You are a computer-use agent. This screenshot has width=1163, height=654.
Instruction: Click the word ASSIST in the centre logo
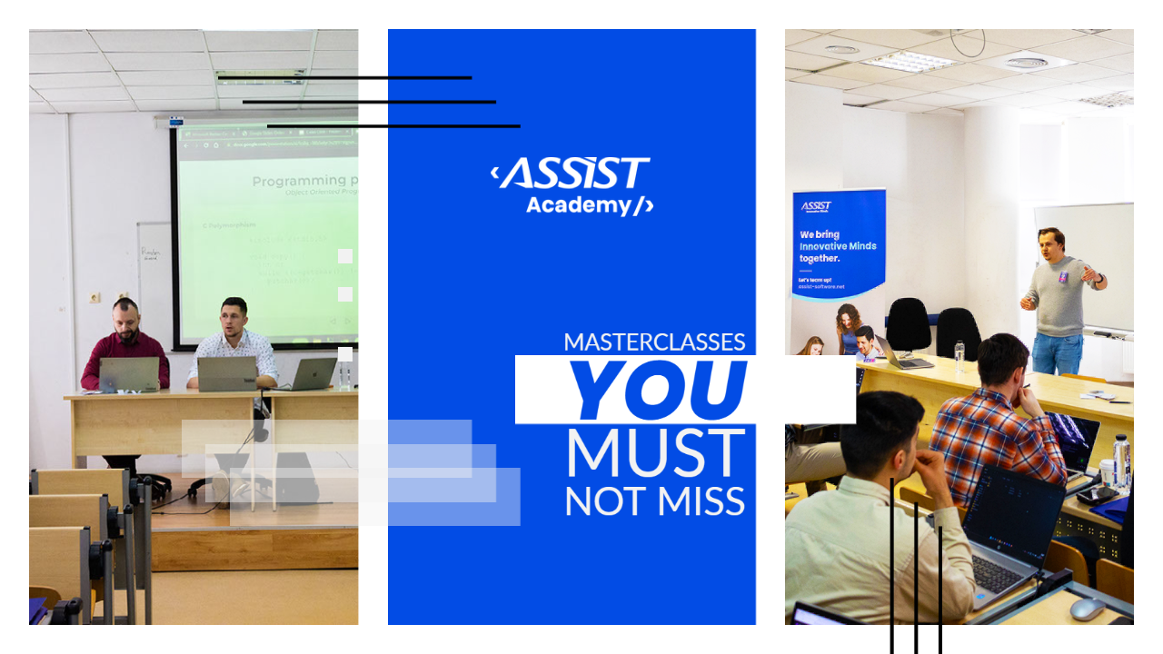575,173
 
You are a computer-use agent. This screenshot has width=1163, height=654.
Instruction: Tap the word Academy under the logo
578,205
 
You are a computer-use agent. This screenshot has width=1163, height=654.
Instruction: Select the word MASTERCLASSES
654,342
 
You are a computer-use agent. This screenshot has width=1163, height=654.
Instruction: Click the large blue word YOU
658,391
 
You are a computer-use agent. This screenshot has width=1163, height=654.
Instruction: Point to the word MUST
655,453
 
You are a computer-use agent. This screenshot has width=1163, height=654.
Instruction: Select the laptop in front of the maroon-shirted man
129,374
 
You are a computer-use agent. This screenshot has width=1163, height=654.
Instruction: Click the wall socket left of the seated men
94,298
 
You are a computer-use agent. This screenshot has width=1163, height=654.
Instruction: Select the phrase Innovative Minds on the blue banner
837,246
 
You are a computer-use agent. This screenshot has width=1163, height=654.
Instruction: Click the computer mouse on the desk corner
1087,608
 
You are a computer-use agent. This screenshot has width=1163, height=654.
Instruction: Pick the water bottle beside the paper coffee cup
1122,461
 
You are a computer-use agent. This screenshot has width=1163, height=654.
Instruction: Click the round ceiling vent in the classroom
1028,62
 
